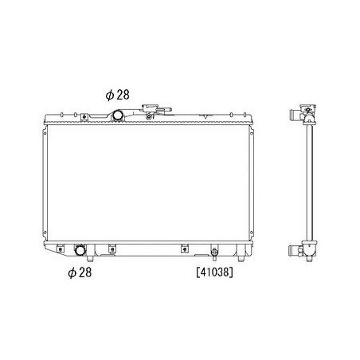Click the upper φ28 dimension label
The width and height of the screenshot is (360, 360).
point(117,95)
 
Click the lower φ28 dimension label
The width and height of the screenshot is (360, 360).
point(80,272)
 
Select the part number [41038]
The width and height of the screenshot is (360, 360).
point(214,272)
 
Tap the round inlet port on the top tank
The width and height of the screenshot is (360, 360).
point(118,115)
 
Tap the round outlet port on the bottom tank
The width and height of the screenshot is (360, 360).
point(80,250)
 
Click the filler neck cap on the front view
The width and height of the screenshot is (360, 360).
point(150,108)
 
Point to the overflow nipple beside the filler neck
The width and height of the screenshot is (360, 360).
point(165,109)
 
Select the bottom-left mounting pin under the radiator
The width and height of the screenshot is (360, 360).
point(90,258)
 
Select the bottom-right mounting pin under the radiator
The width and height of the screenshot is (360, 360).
point(241,258)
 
